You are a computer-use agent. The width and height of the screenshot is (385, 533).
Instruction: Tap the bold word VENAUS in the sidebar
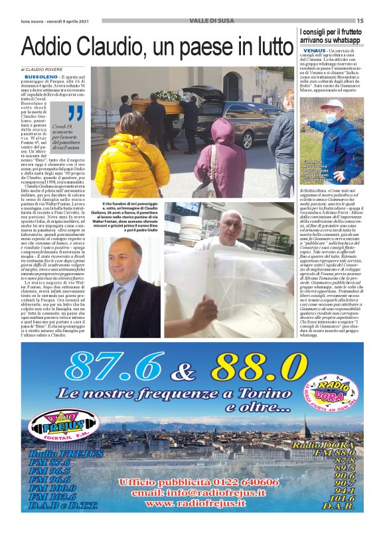click(x=313, y=50)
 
